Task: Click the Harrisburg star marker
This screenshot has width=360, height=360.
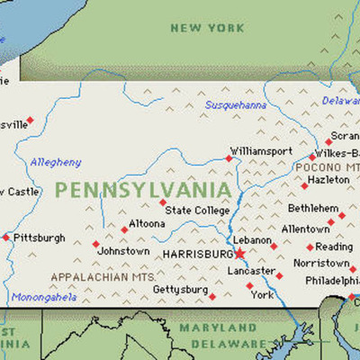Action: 239,255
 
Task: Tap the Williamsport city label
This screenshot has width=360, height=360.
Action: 261,150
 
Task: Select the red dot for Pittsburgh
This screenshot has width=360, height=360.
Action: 6,238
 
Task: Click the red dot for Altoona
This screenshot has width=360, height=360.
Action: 125,229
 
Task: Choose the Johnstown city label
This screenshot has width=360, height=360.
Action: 124,251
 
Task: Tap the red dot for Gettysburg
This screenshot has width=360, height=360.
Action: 212,296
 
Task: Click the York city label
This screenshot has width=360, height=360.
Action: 262,294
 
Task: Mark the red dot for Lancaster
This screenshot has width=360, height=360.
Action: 279,276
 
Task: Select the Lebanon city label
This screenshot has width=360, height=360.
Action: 252,240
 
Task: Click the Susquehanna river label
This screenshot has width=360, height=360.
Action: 236,105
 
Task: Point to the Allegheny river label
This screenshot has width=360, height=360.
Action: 56,162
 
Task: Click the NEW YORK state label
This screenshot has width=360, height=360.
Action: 207,28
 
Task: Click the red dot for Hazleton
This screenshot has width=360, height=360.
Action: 304,186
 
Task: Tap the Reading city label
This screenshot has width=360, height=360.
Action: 334,247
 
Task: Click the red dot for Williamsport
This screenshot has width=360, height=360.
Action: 229,158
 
